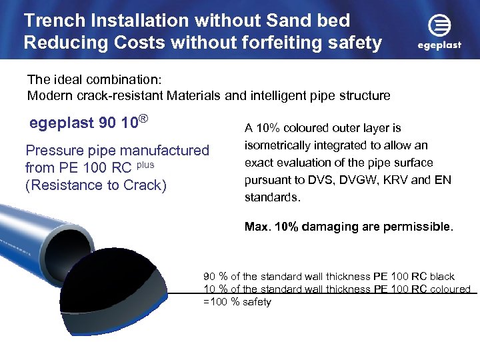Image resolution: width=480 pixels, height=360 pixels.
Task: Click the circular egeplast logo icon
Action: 439,27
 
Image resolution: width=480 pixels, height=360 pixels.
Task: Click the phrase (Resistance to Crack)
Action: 95,185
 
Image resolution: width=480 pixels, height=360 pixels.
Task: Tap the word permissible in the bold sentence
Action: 417,227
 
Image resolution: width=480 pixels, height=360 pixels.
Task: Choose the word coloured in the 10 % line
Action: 450,289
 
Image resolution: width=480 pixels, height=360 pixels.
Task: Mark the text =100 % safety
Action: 237,302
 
